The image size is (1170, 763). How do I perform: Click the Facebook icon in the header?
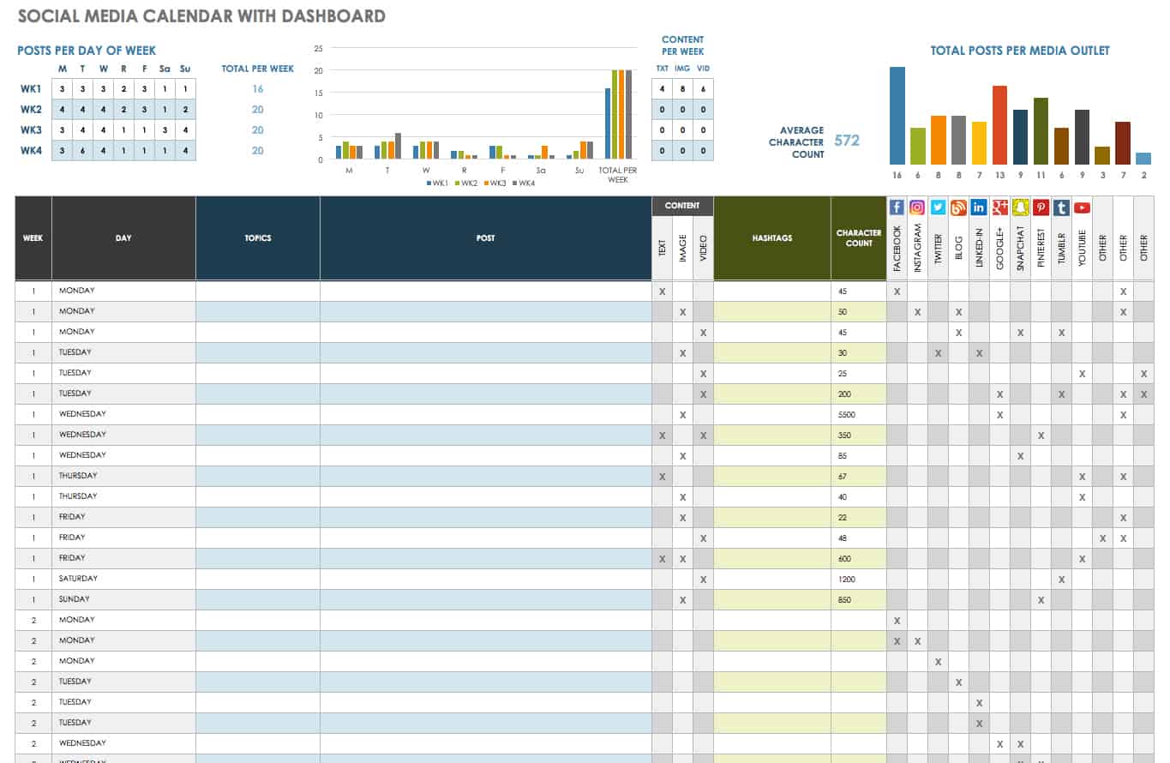897,207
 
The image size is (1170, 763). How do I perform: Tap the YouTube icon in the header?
1082,207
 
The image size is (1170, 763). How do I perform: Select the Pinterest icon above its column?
1041,207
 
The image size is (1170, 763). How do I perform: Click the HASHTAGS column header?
771,238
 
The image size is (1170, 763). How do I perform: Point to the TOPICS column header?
257,238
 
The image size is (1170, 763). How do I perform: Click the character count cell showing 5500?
857,415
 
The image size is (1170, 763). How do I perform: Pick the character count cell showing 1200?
857,580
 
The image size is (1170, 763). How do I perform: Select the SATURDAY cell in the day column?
79,580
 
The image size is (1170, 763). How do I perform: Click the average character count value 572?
846,141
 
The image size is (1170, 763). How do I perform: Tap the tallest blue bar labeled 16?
897,116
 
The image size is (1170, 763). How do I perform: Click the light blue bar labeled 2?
1143,159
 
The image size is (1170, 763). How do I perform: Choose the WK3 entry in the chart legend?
496,183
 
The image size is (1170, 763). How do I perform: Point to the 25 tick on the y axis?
318,49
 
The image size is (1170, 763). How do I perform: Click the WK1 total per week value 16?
257,89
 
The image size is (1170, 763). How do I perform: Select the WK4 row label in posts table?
31,151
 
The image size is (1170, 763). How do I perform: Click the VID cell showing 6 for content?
703,89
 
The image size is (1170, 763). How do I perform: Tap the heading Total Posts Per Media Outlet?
1020,51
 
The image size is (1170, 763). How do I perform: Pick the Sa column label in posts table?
165,69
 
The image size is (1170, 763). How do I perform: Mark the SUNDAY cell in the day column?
75,600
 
